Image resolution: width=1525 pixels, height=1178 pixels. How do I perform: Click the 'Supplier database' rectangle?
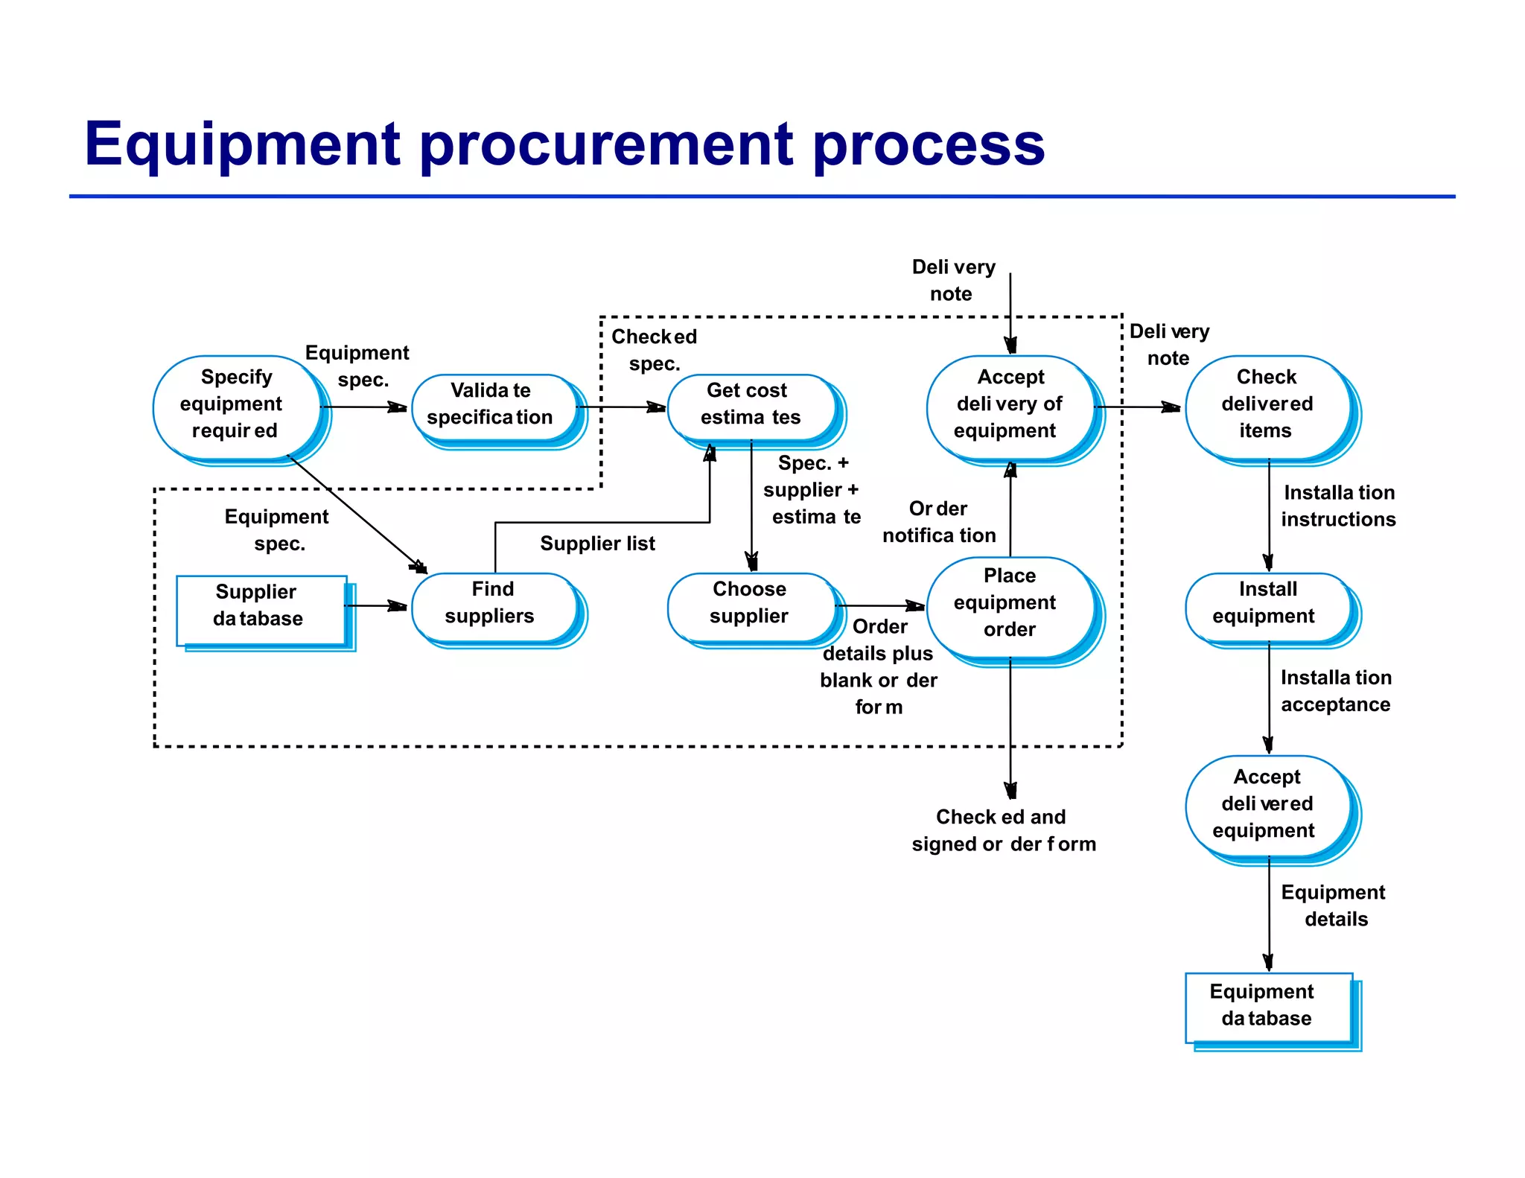click(x=260, y=606)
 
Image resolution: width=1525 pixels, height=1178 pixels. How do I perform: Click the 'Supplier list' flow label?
click(x=597, y=544)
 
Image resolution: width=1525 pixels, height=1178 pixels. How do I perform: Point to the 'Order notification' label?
click(x=939, y=522)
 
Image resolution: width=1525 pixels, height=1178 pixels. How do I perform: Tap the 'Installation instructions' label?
click(x=1338, y=506)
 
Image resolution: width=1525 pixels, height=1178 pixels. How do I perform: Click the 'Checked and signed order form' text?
click(x=1003, y=831)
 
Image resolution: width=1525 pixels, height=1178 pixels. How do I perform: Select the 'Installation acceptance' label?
click(x=1336, y=691)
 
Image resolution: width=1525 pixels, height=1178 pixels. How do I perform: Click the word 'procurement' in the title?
click(x=607, y=145)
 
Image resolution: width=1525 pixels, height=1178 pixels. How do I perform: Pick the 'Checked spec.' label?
click(x=654, y=350)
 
